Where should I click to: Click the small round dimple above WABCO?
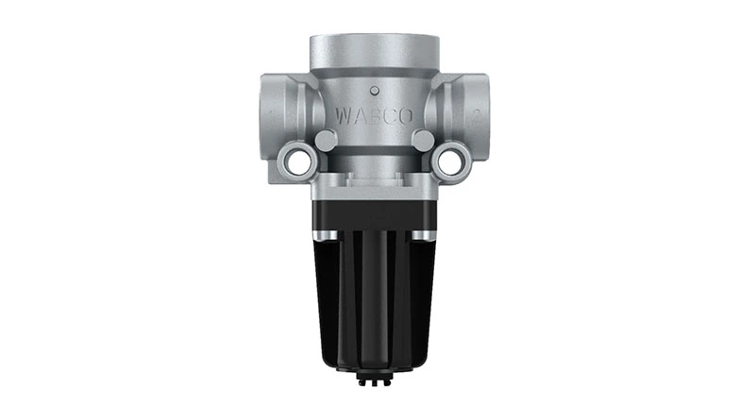point(377,92)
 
